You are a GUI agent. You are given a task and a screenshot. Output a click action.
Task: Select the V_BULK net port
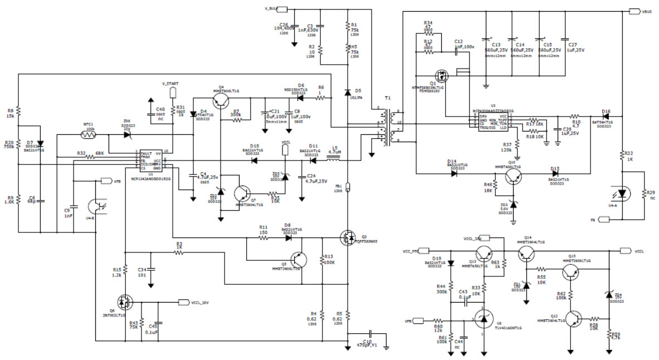tap(281, 9)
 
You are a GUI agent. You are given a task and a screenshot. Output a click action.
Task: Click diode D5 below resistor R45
tap(348, 92)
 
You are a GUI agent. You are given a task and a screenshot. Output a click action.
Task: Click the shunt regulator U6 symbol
tap(483, 319)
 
